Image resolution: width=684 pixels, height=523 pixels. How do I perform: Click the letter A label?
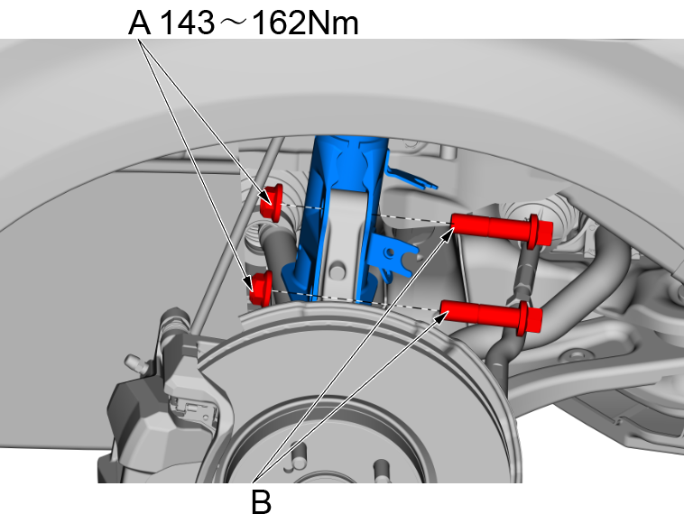(x=139, y=23)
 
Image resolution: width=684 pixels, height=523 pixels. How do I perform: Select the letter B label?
(x=260, y=500)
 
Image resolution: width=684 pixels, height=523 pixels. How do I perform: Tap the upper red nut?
(x=271, y=203)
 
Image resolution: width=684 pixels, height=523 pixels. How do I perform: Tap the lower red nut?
(x=262, y=287)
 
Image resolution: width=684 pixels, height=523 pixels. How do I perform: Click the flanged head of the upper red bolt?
(x=540, y=230)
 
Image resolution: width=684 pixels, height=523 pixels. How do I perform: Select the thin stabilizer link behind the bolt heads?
(x=522, y=271)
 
